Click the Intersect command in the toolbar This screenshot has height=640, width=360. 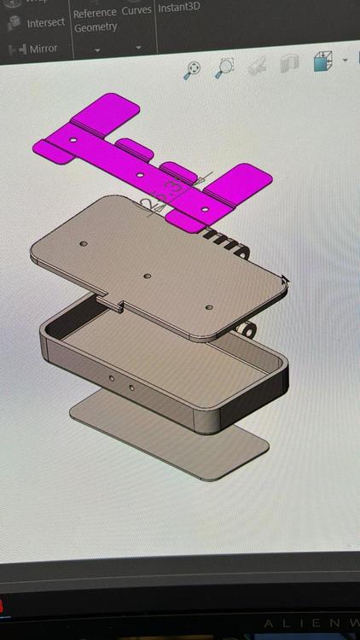[x=45, y=22]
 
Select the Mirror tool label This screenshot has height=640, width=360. [x=44, y=49]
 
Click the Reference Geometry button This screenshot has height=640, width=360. [x=95, y=20]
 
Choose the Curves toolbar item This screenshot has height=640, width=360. [x=136, y=9]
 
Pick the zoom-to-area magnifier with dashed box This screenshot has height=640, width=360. [x=225, y=67]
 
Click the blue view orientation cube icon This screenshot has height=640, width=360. [x=322, y=62]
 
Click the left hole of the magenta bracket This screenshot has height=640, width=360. [x=73, y=138]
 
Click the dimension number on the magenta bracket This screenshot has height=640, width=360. [x=173, y=189]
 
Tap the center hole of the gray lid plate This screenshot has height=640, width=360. [x=147, y=277]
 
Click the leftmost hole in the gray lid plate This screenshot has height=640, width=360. [x=84, y=244]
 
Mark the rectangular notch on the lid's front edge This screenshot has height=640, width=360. [x=114, y=301]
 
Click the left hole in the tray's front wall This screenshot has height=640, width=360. [x=111, y=377]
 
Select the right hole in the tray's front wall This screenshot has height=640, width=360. [x=131, y=388]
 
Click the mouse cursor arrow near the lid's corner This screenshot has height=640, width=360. [x=284, y=280]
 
